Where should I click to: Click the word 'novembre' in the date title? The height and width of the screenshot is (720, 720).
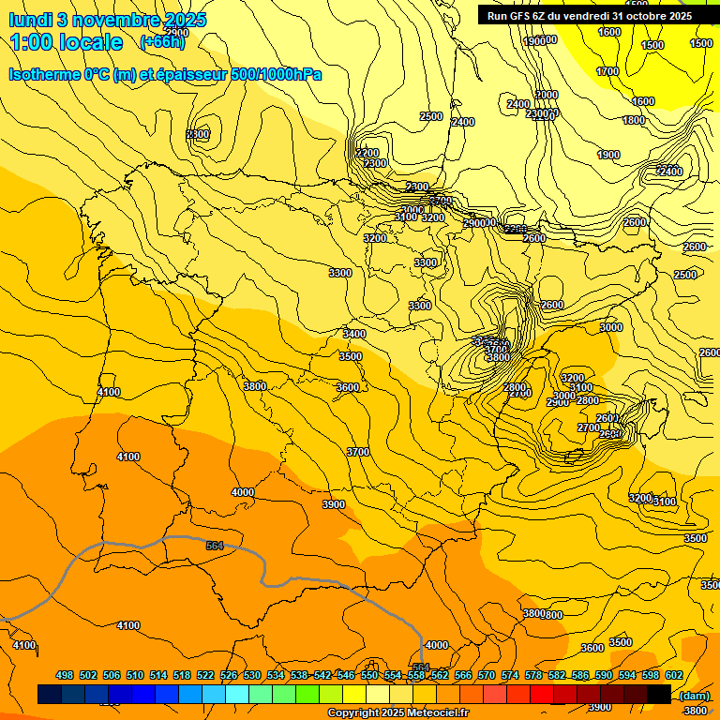coord(102,20)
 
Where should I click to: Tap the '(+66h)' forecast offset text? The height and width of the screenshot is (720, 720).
coord(162,42)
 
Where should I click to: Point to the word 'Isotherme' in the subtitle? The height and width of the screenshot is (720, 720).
coord(43,74)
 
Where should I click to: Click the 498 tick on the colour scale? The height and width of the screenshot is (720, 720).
coord(65,675)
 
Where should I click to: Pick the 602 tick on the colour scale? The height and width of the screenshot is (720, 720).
coord(673,675)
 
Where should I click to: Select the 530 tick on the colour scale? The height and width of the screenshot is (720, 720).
coord(252,675)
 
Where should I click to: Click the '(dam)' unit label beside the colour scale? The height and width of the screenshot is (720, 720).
coord(694,696)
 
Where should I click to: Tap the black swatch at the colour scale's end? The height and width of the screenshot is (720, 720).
coord(659,694)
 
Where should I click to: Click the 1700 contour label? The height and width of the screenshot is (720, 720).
coord(607,71)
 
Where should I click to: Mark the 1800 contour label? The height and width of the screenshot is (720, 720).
coord(634,120)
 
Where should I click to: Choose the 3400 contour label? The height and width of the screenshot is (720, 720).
coord(354,334)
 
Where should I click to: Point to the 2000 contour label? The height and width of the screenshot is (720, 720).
coord(547,95)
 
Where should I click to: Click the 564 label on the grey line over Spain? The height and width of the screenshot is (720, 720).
coord(215,545)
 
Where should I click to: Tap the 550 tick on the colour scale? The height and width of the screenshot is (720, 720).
coord(369,675)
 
